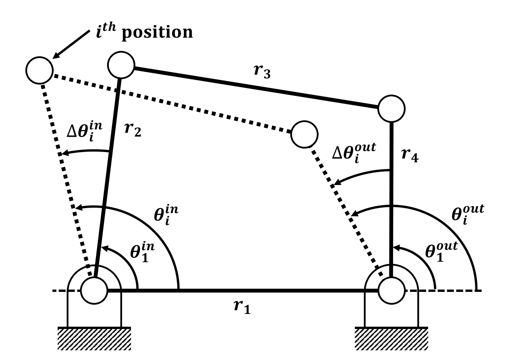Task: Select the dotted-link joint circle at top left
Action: pyautogui.click(x=39, y=70)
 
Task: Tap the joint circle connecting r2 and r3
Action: pyautogui.click(x=121, y=66)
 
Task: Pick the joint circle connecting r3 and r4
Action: pyautogui.click(x=391, y=108)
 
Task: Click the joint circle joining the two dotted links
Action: pyautogui.click(x=304, y=134)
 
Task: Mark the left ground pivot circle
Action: pyautogui.click(x=94, y=290)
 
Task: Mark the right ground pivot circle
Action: pyautogui.click(x=391, y=290)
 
